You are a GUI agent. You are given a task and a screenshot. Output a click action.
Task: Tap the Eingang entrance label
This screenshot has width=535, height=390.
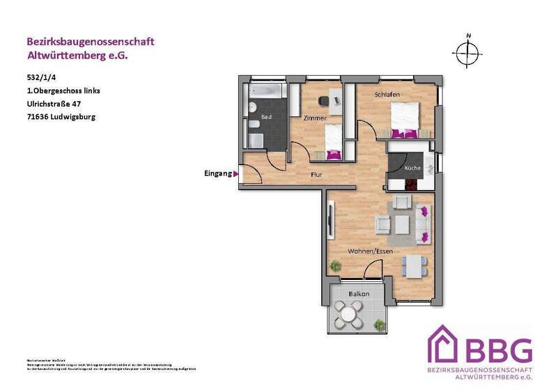(217, 173)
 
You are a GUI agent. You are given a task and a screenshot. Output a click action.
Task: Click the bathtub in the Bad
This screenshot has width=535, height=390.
(265, 93)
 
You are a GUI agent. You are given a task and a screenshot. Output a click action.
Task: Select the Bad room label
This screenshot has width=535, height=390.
(267, 118)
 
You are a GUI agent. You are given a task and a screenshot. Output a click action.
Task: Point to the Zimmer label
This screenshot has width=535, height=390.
(314, 118)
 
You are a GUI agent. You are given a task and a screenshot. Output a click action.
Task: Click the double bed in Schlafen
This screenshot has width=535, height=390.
(405, 118)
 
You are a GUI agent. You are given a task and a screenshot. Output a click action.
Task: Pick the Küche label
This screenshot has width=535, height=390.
(412, 169)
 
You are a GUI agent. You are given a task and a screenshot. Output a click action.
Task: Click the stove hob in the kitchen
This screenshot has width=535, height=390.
(412, 185)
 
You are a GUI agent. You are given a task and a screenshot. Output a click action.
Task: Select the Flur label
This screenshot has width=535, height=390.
(317, 175)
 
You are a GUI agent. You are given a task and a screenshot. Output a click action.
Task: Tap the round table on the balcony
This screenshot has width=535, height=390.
(348, 315)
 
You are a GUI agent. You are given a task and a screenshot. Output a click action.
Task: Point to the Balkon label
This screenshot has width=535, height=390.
(359, 294)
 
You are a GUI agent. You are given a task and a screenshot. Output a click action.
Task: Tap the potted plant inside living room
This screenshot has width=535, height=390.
(336, 265)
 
